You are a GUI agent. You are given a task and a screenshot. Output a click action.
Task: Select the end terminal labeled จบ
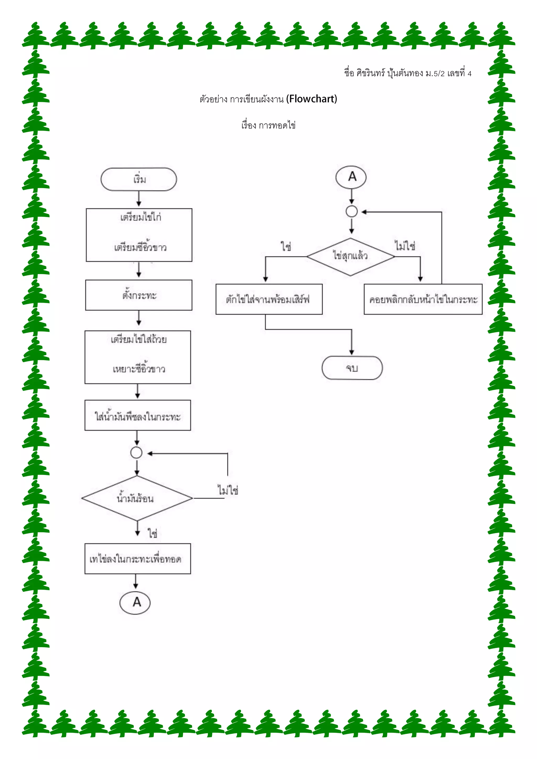[x=352, y=368]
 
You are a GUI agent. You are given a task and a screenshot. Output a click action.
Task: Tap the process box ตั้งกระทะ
[x=139, y=295]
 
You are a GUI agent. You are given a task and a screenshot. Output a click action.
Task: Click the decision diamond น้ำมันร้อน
[x=137, y=498]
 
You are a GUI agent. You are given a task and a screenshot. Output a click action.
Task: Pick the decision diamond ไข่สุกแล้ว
[x=351, y=256]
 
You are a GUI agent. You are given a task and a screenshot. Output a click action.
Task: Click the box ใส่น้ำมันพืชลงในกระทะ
[x=138, y=415]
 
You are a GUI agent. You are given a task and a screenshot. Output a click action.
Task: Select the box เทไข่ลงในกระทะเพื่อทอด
[x=138, y=559]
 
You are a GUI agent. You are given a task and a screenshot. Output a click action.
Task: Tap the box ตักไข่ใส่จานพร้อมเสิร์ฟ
[x=269, y=299]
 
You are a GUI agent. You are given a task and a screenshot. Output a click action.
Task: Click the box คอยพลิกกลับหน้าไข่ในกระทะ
[x=423, y=299]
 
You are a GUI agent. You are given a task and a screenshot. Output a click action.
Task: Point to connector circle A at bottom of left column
[x=135, y=602]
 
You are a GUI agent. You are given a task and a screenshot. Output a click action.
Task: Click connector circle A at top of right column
[x=351, y=177]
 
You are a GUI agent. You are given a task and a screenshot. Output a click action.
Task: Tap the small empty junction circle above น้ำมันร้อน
[x=137, y=453]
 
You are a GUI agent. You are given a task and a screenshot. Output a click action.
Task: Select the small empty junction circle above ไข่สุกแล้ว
[x=352, y=211]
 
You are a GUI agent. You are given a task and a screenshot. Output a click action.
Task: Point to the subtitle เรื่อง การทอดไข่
[x=268, y=125]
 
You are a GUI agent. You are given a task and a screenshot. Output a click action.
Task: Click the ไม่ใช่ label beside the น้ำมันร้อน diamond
[x=228, y=490]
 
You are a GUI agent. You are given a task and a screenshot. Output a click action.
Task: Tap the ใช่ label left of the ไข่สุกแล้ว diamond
[x=286, y=247]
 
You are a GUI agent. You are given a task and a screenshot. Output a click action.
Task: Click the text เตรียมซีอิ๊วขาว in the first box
[x=140, y=247]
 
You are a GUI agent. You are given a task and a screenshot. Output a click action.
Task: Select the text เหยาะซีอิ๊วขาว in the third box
[x=139, y=368]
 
